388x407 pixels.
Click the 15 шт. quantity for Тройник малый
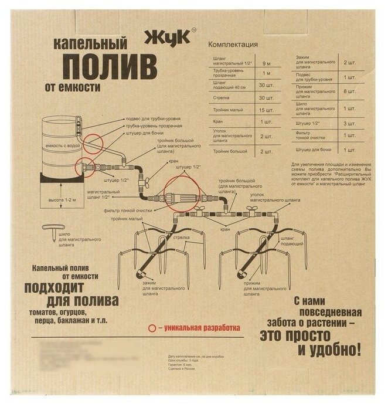click(266, 110)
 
